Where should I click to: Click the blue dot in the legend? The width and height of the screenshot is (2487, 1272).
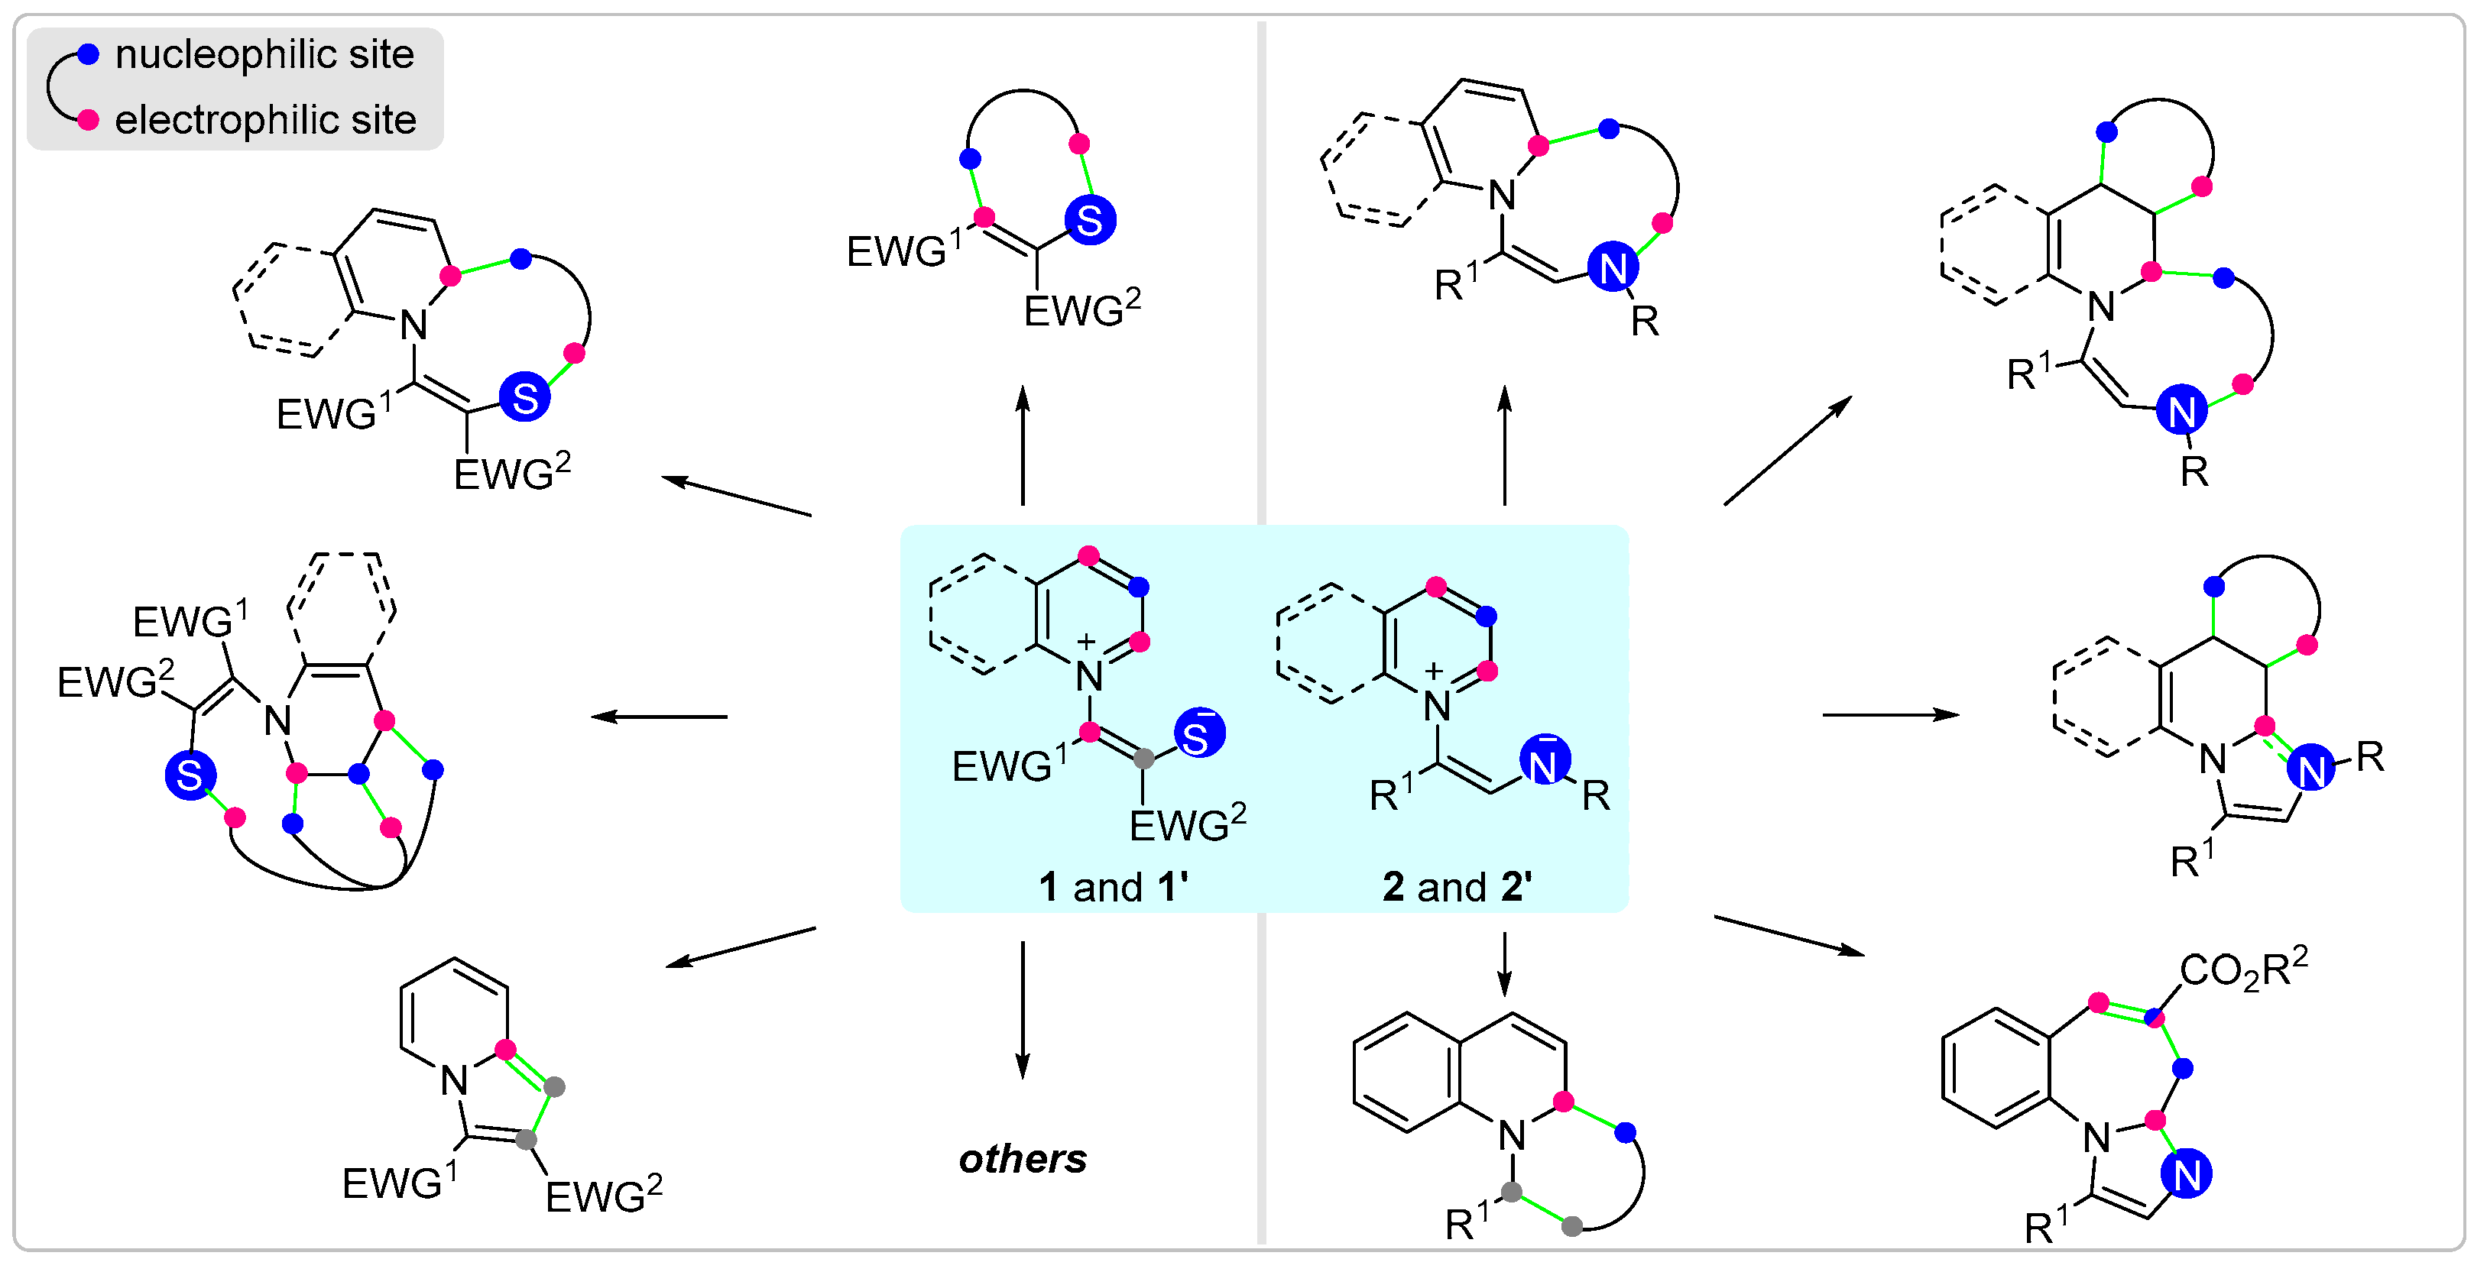(x=88, y=55)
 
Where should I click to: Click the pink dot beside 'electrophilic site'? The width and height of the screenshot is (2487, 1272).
(x=88, y=121)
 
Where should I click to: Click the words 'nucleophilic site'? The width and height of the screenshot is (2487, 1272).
(x=264, y=55)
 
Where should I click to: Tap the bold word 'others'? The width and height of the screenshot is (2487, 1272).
(x=1023, y=1159)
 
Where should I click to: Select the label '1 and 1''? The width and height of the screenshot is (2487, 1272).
(x=1113, y=887)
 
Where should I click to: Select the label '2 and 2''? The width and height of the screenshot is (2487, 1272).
(x=1457, y=887)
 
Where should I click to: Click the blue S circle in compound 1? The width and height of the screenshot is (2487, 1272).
(x=1199, y=733)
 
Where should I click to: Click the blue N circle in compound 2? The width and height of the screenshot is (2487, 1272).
(x=1544, y=762)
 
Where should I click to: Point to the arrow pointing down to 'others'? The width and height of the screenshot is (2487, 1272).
(x=1023, y=1008)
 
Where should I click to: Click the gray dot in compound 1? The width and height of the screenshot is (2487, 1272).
(x=1143, y=759)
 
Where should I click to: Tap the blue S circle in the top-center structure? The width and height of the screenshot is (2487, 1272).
(x=1090, y=220)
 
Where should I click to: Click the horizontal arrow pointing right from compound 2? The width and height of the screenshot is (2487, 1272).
(x=1889, y=715)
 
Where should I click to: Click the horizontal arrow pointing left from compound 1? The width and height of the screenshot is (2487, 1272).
(x=660, y=716)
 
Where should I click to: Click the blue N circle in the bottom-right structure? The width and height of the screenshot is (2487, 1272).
(x=2187, y=1174)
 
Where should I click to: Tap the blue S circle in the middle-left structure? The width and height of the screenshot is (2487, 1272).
(x=190, y=775)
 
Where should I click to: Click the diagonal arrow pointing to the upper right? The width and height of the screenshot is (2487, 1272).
(x=1786, y=451)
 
